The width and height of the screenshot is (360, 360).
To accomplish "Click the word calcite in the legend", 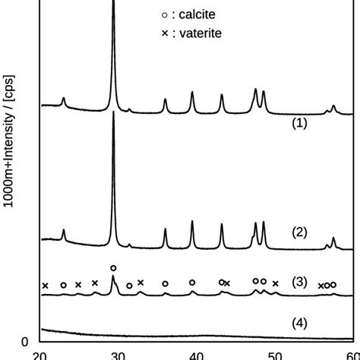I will coord(198,16).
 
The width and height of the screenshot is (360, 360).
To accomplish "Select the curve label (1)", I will coord(299,123).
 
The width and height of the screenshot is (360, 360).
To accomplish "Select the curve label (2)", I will coord(299,232).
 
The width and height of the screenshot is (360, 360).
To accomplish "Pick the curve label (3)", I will coord(299,283).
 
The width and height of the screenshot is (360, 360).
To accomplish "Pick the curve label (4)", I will coord(299,323).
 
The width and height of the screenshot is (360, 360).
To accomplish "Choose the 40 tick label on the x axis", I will coord(197,354).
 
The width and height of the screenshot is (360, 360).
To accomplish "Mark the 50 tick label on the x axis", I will coord(275,354).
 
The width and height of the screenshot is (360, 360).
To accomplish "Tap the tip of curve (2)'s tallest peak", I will coord(114,112).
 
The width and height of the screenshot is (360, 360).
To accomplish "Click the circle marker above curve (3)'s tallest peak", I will coord(113,268).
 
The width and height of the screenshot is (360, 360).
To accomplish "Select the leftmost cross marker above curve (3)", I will coord(46,286).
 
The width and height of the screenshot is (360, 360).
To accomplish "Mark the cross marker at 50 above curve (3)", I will coord(275,284).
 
